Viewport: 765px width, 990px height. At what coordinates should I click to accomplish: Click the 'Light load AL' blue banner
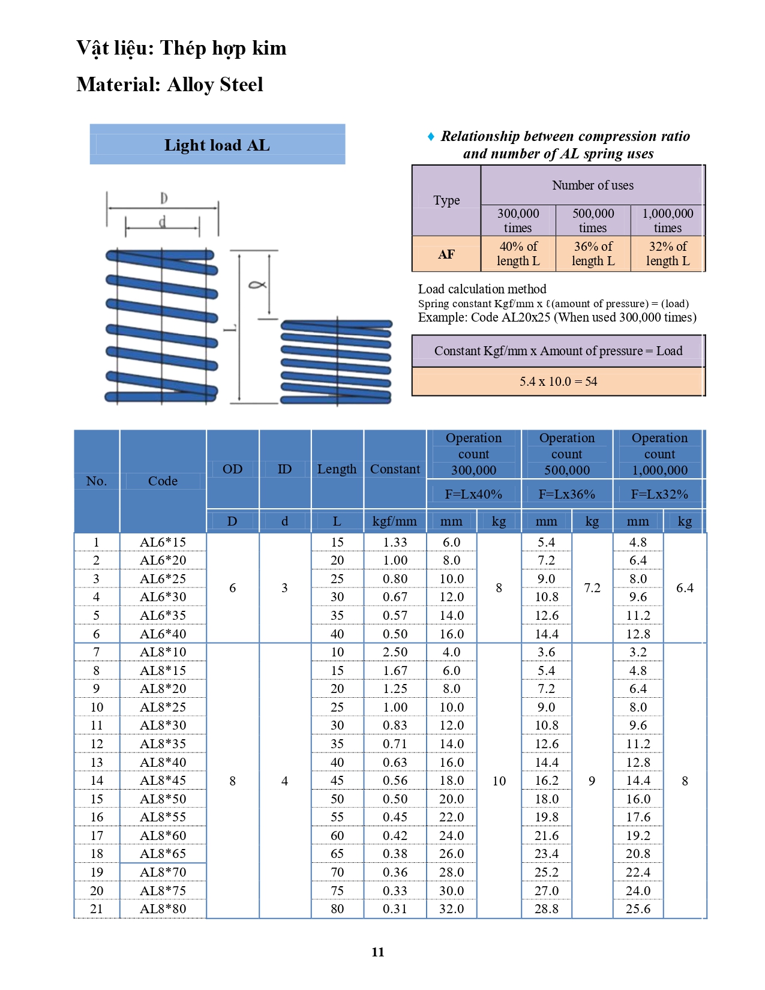point(217,144)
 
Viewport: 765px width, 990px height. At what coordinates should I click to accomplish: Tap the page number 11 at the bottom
point(378,952)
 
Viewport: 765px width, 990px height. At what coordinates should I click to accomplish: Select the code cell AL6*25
point(163,578)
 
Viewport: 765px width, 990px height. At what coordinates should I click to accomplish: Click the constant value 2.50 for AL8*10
point(395,652)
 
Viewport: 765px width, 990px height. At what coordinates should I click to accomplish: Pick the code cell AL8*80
point(163,908)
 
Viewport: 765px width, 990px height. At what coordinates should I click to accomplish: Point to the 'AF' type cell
point(446,254)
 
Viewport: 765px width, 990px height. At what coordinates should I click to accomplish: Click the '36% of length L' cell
point(593,254)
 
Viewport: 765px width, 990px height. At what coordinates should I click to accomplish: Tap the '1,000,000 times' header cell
point(667,221)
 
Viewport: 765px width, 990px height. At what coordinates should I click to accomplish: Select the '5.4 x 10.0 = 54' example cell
point(558,382)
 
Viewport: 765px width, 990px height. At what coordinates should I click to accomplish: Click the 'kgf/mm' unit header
point(395,521)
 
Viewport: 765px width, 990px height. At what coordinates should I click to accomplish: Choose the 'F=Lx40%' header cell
point(473,494)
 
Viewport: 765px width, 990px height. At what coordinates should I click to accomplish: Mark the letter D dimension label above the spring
point(164,198)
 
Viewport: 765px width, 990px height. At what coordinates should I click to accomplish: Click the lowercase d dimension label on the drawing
point(162,222)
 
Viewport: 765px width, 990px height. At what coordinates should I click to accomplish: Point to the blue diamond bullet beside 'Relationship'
point(431,136)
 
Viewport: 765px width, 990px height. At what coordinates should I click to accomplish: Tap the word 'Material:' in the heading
point(118,85)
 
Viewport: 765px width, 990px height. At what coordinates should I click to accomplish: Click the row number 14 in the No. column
point(97,781)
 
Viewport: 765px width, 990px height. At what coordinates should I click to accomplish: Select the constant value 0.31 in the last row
point(395,908)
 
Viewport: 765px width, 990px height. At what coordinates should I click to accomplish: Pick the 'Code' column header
point(163,481)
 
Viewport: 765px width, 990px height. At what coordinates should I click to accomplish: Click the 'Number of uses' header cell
point(593,185)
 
